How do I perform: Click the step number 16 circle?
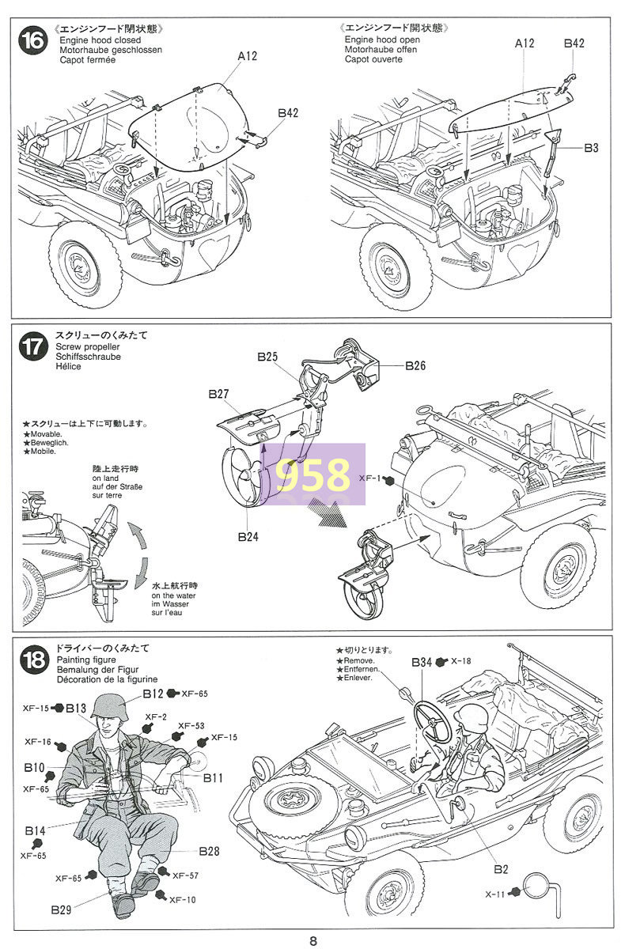click(x=32, y=41)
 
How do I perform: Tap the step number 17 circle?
click(x=32, y=346)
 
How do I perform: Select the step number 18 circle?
click(x=33, y=660)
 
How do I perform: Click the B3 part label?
click(x=591, y=148)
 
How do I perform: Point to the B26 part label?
click(x=415, y=365)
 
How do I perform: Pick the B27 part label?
click(x=218, y=394)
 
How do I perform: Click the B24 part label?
click(x=248, y=537)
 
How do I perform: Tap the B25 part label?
click(x=267, y=357)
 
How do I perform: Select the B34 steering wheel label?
click(x=422, y=662)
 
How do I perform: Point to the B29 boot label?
click(x=61, y=909)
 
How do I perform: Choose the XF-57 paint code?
click(x=185, y=875)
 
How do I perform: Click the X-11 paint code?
click(x=495, y=894)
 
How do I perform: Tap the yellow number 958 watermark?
click(x=312, y=475)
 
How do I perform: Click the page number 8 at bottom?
click(x=313, y=941)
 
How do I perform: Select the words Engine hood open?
click(x=382, y=40)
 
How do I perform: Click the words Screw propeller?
click(x=87, y=346)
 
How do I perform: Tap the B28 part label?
click(x=210, y=851)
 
